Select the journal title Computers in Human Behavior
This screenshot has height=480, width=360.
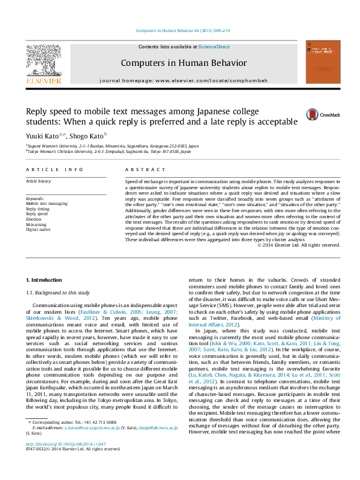tap(183, 63)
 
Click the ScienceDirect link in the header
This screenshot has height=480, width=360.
tap(214, 47)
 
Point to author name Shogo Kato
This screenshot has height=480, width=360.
tap(87, 137)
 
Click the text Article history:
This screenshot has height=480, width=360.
tap(39, 181)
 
